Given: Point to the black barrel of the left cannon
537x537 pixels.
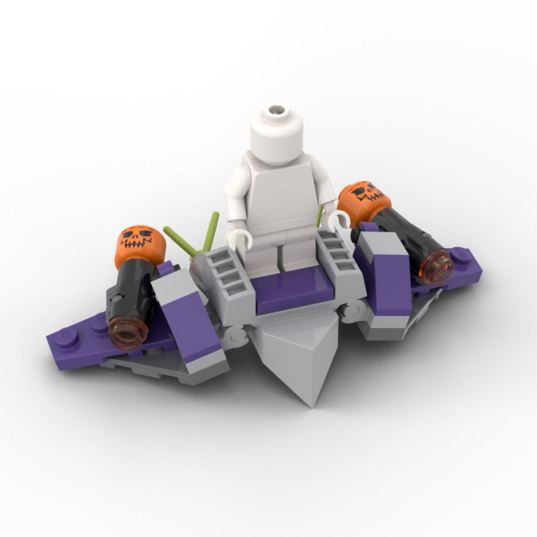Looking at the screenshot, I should pos(130,293).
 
